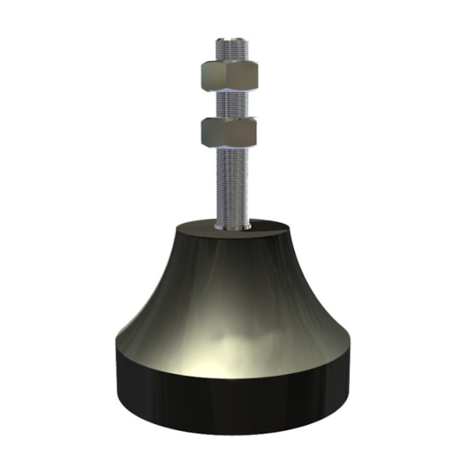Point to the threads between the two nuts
pyautogui.click(x=231, y=103)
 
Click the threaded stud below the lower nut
pyautogui.click(x=232, y=182)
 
